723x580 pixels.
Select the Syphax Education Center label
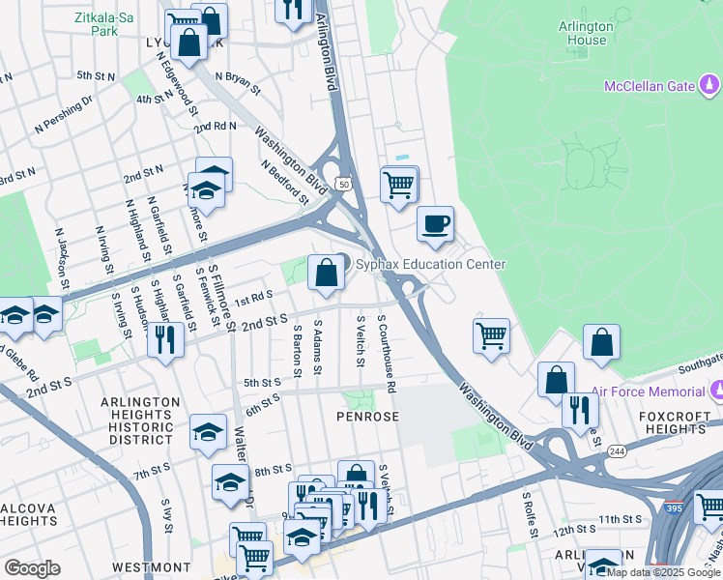tap(430, 264)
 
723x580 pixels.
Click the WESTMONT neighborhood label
tap(151, 566)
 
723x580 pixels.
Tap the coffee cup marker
tap(435, 224)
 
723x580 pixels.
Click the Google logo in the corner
tap(32, 568)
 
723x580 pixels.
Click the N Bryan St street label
tap(238, 83)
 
